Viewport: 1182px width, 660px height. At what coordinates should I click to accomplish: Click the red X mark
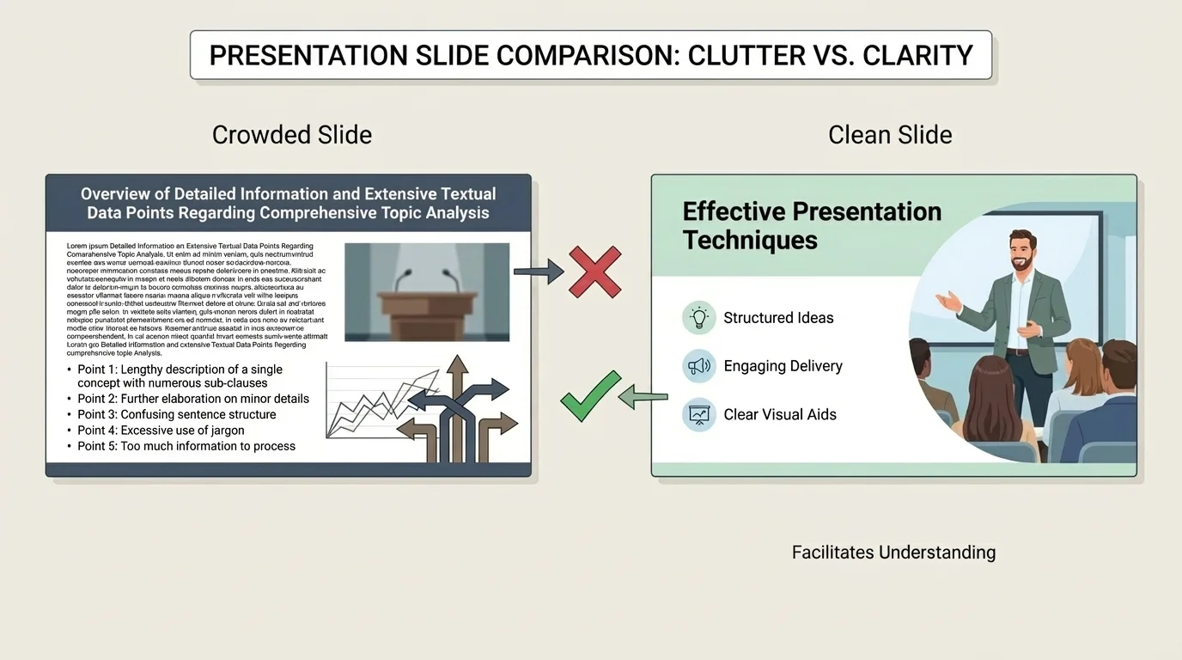pos(595,272)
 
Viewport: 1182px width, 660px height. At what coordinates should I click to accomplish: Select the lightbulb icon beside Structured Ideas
pos(699,318)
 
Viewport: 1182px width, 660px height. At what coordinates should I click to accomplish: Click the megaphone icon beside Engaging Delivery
pos(699,366)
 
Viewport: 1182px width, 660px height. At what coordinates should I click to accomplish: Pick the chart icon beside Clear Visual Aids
pos(699,414)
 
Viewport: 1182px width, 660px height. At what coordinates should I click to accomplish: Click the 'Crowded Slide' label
pos(292,135)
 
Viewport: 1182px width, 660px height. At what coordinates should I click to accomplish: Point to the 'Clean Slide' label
pos(890,135)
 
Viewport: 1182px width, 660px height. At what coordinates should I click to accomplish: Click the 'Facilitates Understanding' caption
pos(893,553)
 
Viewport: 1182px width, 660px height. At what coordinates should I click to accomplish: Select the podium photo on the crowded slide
pos(427,292)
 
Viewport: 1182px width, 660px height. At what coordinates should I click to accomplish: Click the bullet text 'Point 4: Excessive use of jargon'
pos(161,431)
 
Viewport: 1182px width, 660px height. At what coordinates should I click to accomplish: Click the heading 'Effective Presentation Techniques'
pos(812,225)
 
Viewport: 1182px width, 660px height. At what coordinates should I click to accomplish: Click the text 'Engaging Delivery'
pos(783,366)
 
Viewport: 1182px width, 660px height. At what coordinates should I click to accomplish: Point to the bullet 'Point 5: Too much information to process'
pos(186,446)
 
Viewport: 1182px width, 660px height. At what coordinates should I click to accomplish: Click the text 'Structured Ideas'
pos(778,318)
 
